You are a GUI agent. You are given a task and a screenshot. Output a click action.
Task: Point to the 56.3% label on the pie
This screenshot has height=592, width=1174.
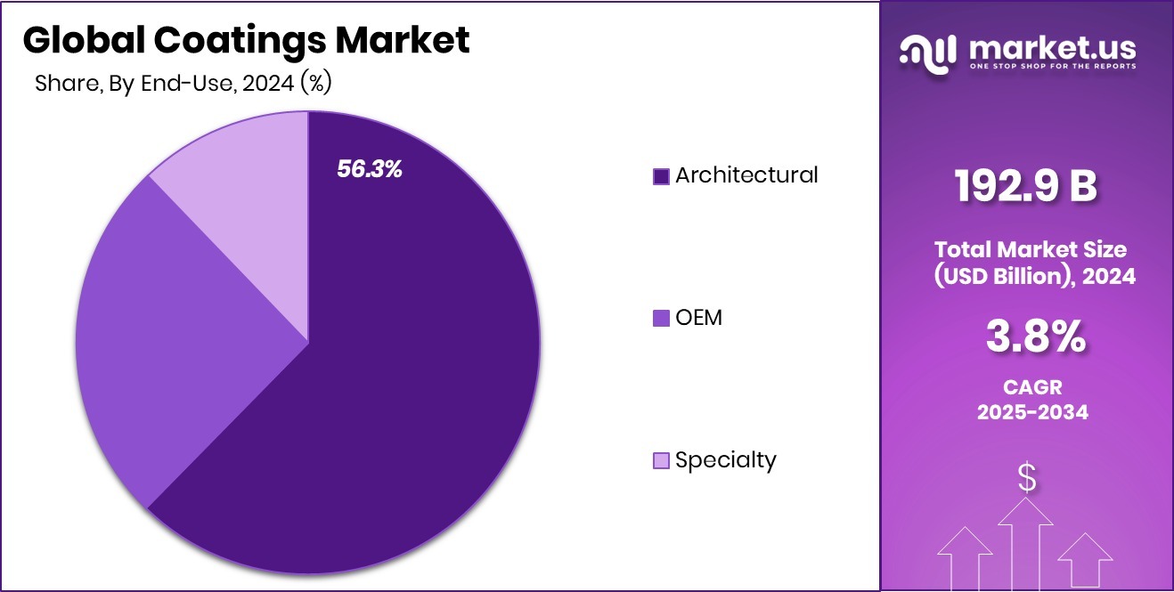(370, 169)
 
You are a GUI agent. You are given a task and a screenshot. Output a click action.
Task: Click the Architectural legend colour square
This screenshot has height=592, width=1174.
(661, 176)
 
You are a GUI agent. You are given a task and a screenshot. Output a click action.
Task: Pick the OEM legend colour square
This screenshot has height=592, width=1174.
(661, 318)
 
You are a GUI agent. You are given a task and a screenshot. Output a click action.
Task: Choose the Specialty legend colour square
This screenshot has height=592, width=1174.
(661, 460)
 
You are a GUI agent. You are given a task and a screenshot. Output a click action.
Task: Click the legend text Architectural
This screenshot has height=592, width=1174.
(746, 175)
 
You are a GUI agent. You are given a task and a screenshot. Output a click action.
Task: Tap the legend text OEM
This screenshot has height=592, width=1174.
(698, 317)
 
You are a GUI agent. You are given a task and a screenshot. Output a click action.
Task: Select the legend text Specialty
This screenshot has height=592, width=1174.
(725, 459)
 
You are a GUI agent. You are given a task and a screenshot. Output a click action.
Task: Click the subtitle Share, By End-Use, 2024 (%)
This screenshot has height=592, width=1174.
(183, 84)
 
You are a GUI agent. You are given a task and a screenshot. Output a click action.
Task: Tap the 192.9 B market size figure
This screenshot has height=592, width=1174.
(1026, 186)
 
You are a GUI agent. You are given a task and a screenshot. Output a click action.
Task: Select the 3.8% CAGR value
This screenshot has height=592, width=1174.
(1035, 337)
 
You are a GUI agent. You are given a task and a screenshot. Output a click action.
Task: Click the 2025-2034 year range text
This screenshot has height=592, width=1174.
(1032, 412)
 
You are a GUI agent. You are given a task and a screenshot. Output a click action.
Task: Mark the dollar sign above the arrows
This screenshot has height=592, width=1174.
(1027, 478)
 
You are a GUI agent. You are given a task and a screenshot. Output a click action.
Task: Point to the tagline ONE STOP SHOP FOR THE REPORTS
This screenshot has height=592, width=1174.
(1051, 68)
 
